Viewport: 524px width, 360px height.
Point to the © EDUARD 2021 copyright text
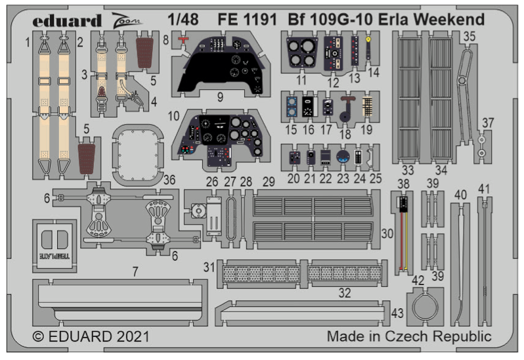[x=91, y=337]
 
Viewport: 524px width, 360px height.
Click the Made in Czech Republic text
[x=408, y=337]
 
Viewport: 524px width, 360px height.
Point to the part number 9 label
[x=219, y=96]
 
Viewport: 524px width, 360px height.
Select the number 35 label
[x=468, y=37]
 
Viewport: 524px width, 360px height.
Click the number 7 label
[x=134, y=270]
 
